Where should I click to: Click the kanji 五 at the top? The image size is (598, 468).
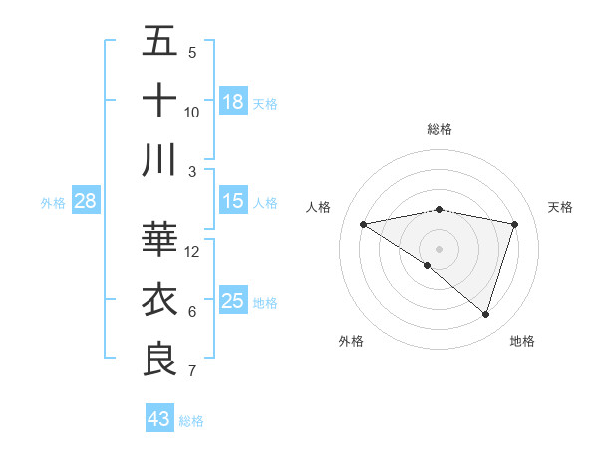coord(160,41)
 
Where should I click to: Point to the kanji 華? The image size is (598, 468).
coord(160,239)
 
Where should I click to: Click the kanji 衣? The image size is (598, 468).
coord(160,299)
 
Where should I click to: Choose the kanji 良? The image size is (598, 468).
coord(160,358)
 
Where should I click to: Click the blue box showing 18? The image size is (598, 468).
coord(233,102)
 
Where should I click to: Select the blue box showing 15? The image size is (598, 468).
coord(233,202)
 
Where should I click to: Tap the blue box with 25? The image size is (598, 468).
coord(233,301)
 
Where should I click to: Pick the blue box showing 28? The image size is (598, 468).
coord(86,202)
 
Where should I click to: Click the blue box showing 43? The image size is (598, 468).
coord(158,419)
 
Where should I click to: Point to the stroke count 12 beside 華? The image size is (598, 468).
coord(193,251)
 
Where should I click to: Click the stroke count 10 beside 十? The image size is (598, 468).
coord(192,112)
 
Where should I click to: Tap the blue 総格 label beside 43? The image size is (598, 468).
coord(191,421)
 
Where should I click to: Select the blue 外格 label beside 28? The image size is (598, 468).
coord(53,203)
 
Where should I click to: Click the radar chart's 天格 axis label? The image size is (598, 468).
coord(561,207)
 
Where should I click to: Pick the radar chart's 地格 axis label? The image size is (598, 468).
coord(522,341)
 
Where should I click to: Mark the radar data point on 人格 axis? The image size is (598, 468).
coord(363,224)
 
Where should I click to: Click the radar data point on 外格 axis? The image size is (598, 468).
coord(428,265)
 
